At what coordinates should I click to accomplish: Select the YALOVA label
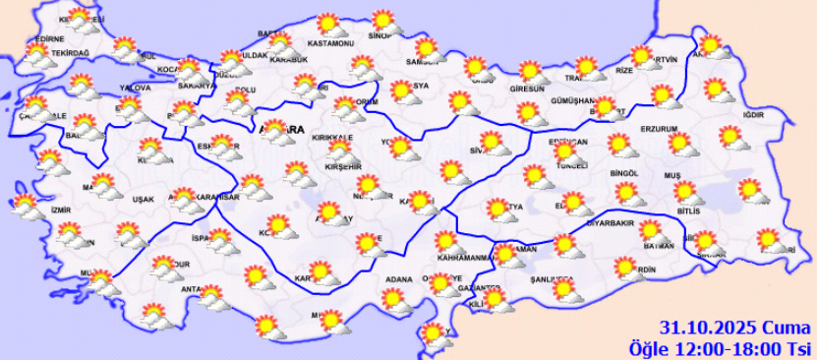134,88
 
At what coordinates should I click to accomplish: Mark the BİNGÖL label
625,173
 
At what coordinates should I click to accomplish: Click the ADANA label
398,279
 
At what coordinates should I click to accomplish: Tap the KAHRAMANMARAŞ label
463,258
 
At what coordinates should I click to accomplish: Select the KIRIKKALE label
333,140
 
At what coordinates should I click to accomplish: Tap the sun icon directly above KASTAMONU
328,24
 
